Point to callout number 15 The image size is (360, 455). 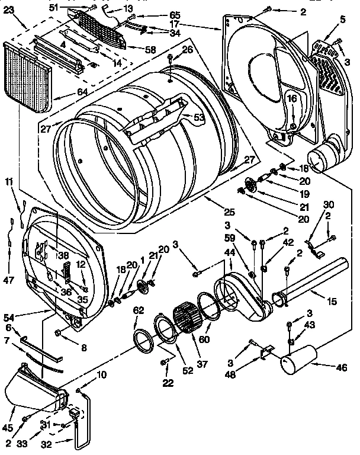332,302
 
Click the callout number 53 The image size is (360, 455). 199,117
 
